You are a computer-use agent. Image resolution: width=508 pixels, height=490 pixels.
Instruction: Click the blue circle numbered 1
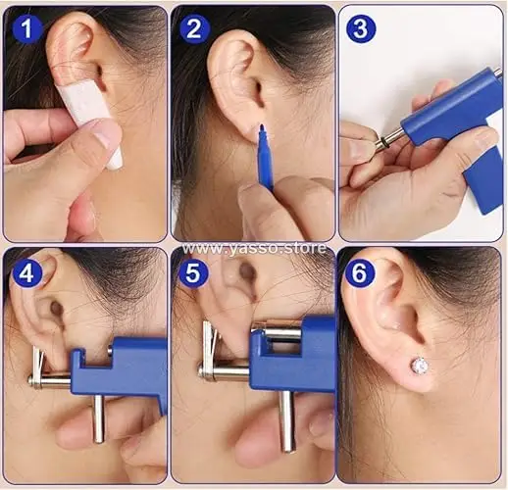[27, 28]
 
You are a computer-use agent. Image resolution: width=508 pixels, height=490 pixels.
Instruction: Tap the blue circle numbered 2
[193, 28]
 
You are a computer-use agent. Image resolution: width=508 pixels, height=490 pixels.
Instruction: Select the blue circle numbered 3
[360, 28]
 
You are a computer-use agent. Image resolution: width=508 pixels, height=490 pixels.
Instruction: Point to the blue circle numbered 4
[27, 272]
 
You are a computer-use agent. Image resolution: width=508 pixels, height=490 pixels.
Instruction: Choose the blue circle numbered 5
[193, 272]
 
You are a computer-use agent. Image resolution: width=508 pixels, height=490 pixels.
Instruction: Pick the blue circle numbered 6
[359, 272]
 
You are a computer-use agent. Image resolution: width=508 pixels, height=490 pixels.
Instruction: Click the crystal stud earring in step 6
[419, 367]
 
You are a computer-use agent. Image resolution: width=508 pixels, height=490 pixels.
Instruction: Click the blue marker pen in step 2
[265, 157]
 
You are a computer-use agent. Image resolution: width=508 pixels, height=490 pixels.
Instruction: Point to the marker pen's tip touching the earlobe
[262, 125]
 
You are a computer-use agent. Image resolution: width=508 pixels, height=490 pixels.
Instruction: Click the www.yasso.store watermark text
[254, 248]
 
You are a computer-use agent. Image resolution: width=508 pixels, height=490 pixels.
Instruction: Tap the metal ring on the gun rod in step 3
[381, 142]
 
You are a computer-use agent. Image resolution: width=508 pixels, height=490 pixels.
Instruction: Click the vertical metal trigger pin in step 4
[98, 418]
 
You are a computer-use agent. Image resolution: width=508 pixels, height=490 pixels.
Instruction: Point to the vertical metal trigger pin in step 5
[286, 421]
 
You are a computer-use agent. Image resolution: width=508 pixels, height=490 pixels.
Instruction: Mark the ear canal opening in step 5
[246, 270]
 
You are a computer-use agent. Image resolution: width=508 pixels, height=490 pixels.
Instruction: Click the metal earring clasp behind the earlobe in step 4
[36, 366]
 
